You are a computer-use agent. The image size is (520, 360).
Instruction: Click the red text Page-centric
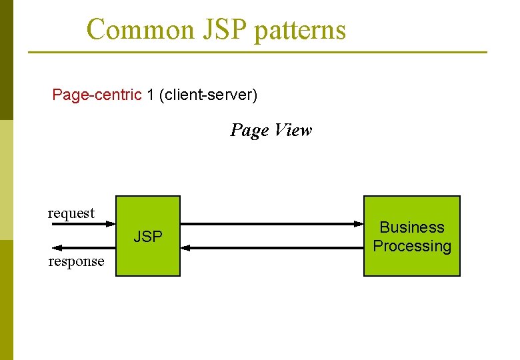click(x=97, y=95)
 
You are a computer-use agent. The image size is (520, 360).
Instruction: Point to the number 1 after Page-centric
click(x=151, y=95)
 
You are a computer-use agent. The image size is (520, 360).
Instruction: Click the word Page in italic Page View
click(x=249, y=130)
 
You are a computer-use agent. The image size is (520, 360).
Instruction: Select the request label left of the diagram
click(x=71, y=213)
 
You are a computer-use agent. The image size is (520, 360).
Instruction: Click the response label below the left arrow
click(x=76, y=261)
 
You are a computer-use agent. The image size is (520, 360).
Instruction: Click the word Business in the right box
click(x=411, y=227)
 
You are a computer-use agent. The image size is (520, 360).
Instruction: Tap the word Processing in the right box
click(x=411, y=246)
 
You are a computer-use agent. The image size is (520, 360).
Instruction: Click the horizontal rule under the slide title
click(x=257, y=52)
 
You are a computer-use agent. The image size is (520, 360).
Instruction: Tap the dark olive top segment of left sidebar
click(x=6, y=60)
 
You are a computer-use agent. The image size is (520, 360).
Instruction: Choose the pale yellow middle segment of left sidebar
click(x=6, y=180)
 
